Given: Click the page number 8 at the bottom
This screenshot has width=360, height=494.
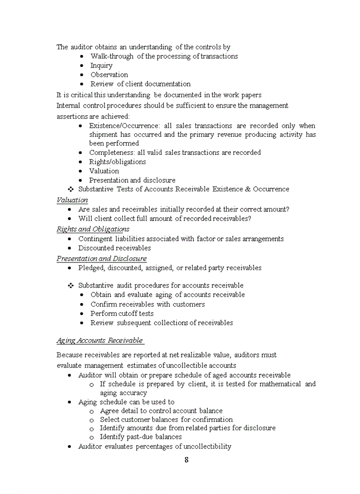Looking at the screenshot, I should coord(186,460).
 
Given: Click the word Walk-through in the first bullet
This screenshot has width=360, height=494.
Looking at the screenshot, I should coord(112,56).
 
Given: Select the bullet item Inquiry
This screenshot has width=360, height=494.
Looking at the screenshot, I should coord(101,65).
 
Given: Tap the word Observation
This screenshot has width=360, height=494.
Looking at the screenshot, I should coord(109,75).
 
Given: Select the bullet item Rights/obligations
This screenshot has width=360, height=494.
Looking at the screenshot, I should coord(117,162).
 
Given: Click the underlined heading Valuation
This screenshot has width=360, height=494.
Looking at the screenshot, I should coord(72,200).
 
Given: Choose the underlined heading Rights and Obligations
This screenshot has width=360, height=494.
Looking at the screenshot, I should coord(93,229).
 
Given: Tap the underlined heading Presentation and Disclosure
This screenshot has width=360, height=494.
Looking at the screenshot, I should coord(101,258).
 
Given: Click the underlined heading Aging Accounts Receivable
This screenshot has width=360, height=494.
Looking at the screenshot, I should coord(99,340).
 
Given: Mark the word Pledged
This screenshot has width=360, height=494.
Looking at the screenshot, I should coord(91,268).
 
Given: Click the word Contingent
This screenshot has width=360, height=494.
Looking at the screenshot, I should coord(95,239).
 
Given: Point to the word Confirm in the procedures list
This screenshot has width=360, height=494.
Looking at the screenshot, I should coord(104,304).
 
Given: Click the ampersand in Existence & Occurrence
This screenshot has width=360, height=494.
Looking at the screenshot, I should coord(248,189).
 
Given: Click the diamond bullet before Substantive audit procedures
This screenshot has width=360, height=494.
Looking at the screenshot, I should coord(71,286).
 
